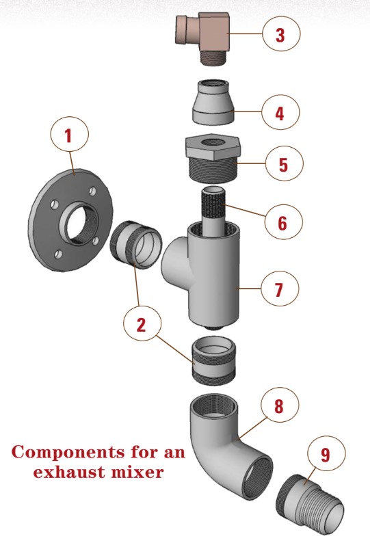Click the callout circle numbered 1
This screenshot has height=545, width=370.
68,135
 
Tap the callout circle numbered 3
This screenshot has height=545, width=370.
280,34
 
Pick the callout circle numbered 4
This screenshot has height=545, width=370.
280,111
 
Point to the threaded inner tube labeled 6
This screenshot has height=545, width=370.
213,209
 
